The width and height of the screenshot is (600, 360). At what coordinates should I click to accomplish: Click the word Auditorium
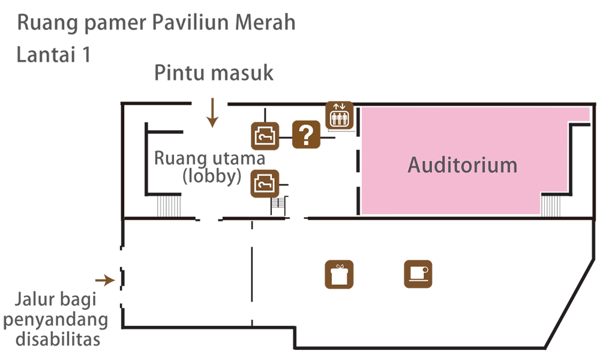462,164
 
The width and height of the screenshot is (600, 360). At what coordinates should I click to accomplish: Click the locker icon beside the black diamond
265,136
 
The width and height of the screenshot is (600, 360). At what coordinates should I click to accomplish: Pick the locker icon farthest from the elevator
265,182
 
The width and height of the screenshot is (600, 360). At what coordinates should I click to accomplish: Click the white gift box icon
340,274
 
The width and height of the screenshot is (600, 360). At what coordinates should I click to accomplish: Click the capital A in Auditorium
414,164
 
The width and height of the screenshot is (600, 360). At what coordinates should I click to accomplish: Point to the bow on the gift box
340,266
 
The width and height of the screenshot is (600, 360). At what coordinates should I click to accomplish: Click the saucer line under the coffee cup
418,280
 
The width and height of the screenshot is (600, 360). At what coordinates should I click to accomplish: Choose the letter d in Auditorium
440,164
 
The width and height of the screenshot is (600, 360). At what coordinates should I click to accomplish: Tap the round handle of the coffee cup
427,272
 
